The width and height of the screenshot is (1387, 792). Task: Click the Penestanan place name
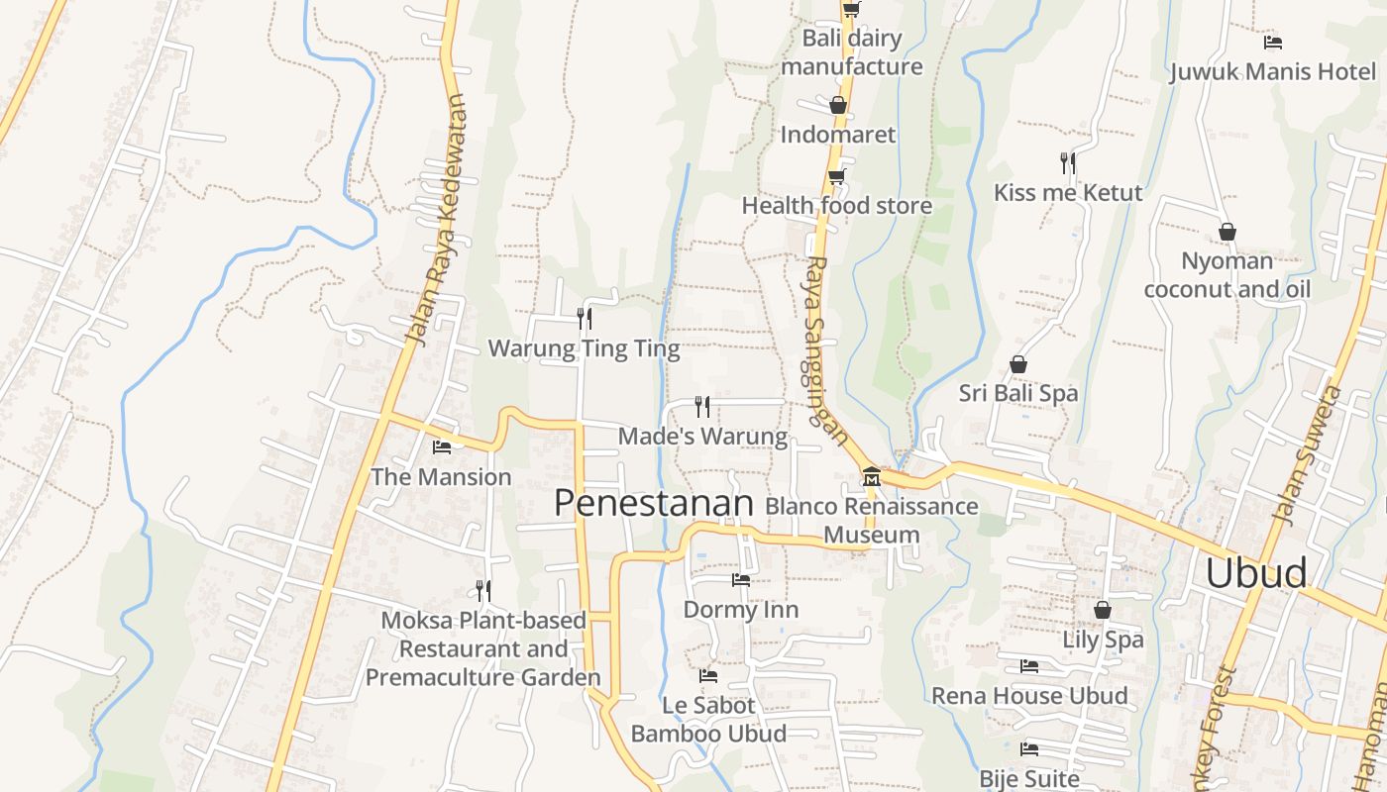point(654,503)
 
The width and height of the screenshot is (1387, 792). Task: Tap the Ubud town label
point(1255,574)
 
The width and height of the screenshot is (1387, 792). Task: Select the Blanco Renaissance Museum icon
point(871,477)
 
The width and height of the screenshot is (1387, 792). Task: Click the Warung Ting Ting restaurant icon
point(585,318)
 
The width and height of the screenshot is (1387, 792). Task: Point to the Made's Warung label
point(702,436)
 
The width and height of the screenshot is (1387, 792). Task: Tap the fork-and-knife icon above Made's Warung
point(702,406)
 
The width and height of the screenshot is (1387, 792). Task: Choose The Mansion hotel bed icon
point(442,447)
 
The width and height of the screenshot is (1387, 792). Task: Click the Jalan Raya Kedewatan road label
point(437,220)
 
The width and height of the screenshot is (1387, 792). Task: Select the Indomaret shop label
point(837,135)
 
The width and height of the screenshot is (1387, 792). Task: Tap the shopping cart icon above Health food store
point(837,177)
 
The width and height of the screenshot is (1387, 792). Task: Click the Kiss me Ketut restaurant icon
point(1067,162)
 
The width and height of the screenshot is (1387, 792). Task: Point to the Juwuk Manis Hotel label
point(1272,72)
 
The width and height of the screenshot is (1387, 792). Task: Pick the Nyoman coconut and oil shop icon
point(1227,232)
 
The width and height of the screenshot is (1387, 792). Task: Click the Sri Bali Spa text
point(1017,393)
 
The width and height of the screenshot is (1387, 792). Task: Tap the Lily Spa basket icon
point(1102,610)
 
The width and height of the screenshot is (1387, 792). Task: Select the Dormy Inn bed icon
point(740,580)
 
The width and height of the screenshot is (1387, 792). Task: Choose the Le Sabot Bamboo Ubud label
point(708,720)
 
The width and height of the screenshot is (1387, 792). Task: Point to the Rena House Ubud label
point(1028,696)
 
